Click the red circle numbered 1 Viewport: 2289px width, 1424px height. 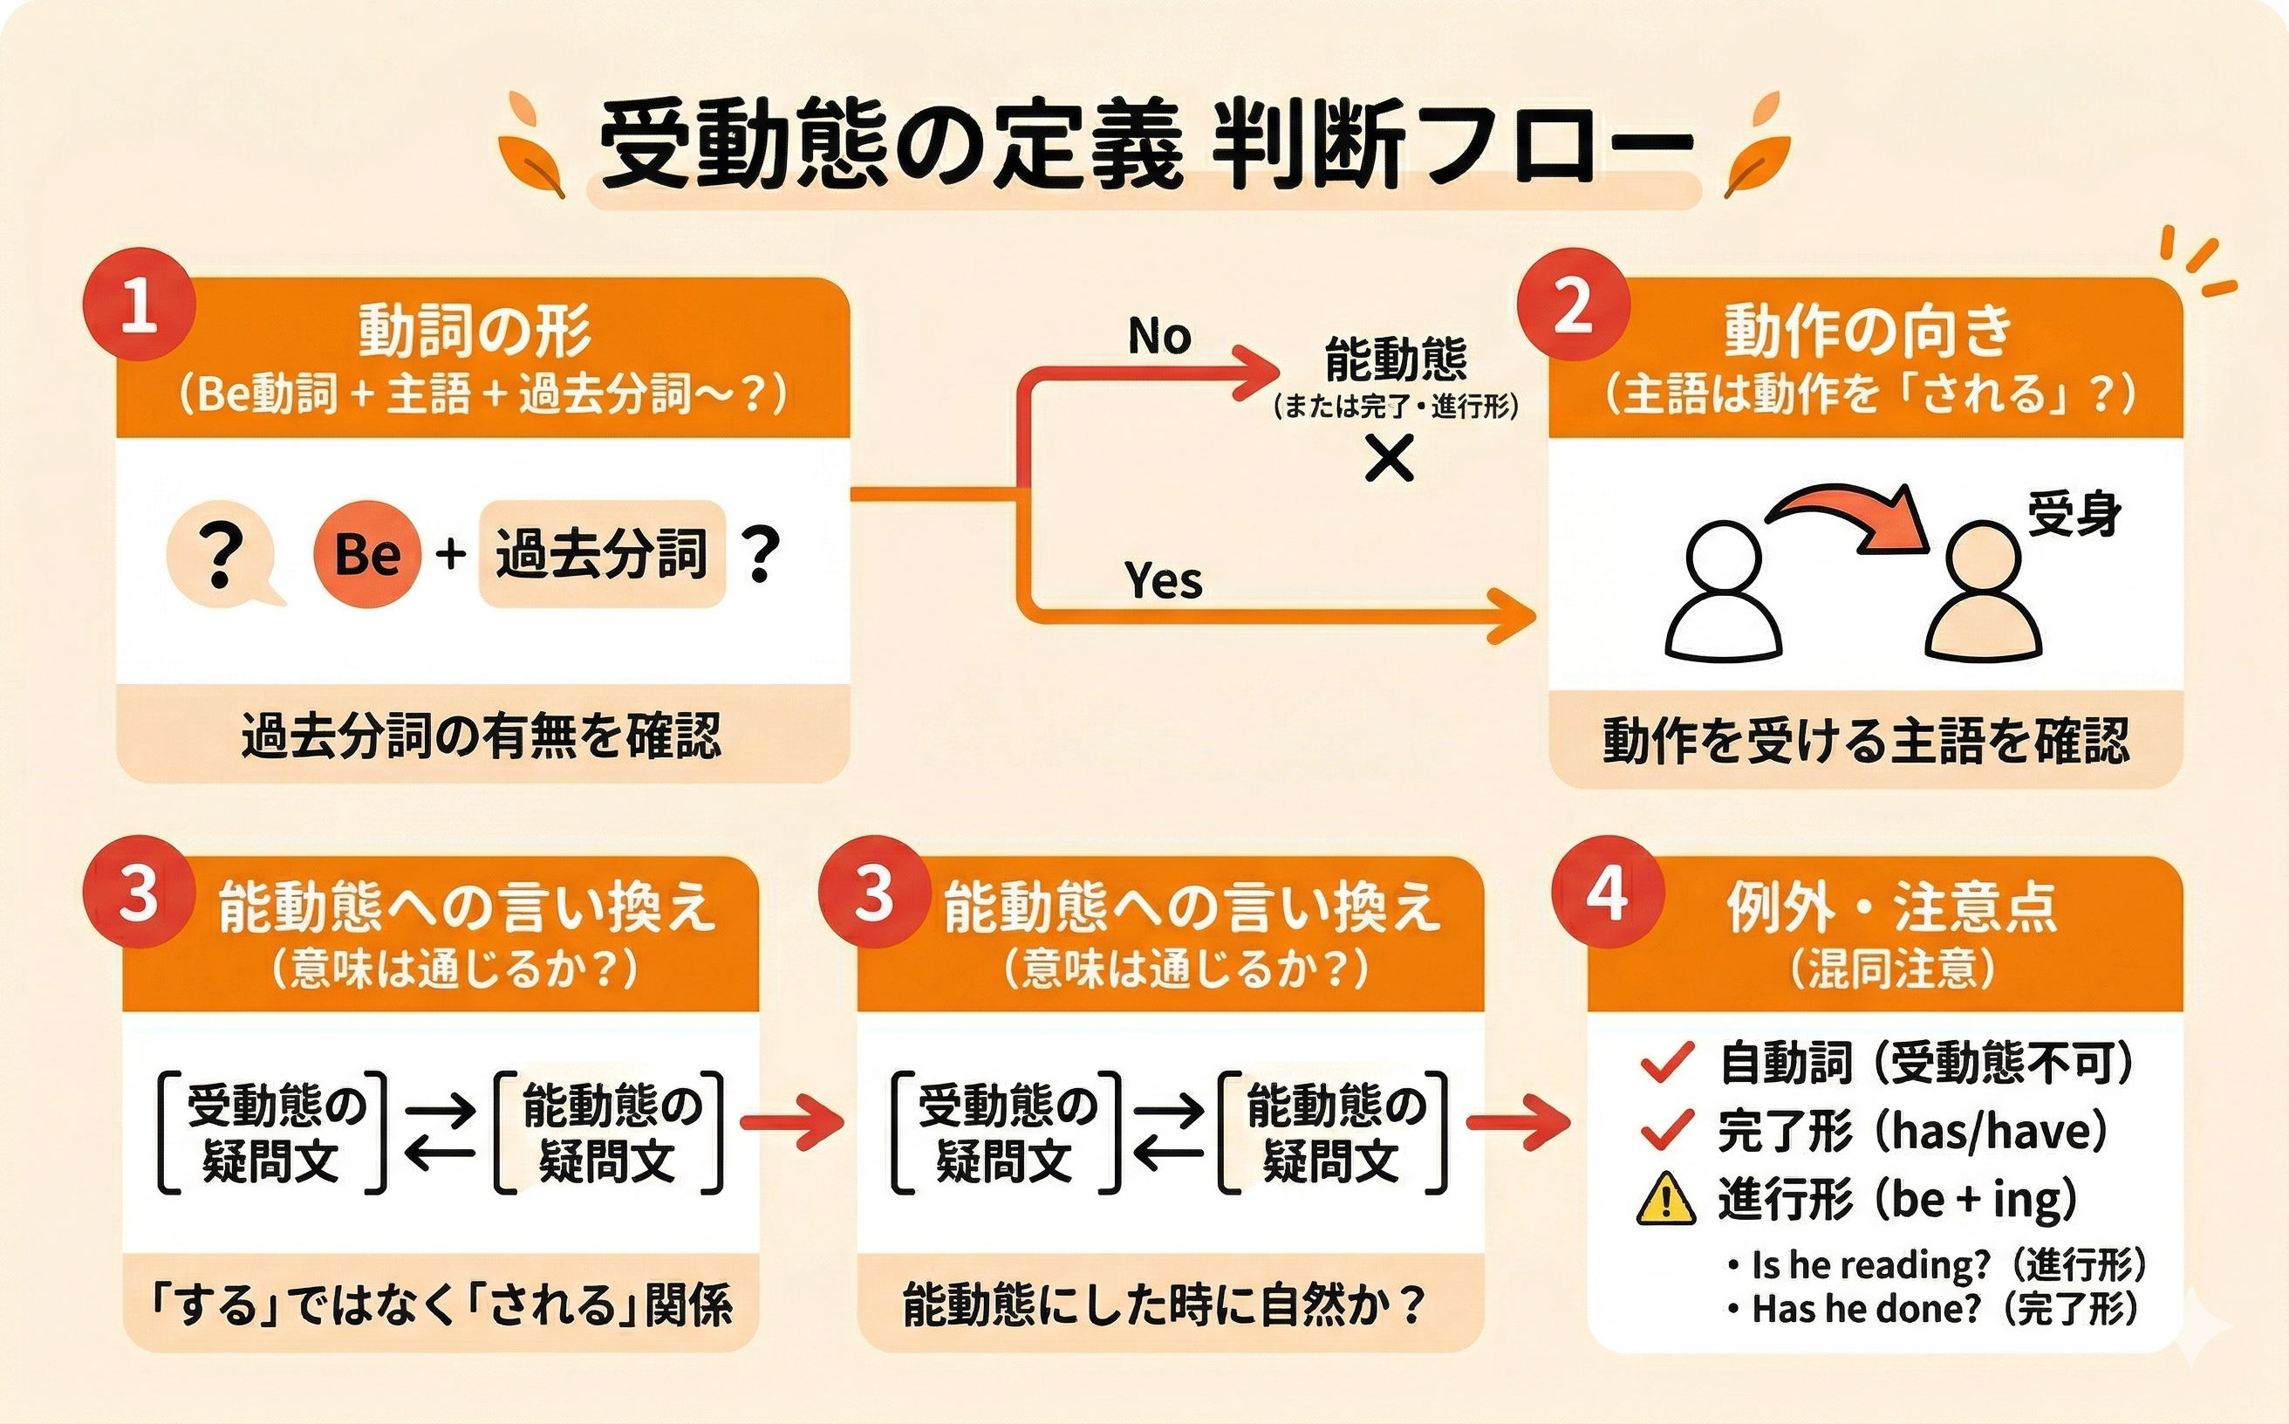(x=140, y=305)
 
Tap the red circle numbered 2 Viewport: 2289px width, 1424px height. (x=1574, y=305)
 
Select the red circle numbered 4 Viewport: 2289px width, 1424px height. (x=1609, y=893)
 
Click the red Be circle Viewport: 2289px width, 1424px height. (x=367, y=553)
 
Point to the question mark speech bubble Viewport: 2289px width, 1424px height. (x=224, y=556)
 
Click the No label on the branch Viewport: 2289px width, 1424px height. (x=1159, y=335)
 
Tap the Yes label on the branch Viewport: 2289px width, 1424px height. (x=1164, y=580)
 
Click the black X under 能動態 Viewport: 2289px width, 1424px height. (x=1390, y=461)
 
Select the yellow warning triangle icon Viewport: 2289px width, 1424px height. (x=1667, y=1198)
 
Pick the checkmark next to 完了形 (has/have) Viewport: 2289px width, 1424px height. (x=1668, y=1129)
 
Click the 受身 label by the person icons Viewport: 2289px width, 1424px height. (x=2074, y=514)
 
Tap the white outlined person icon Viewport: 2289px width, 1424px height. (x=1723, y=591)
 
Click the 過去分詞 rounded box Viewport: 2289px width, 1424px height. (x=602, y=553)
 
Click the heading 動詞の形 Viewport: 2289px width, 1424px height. (x=475, y=332)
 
